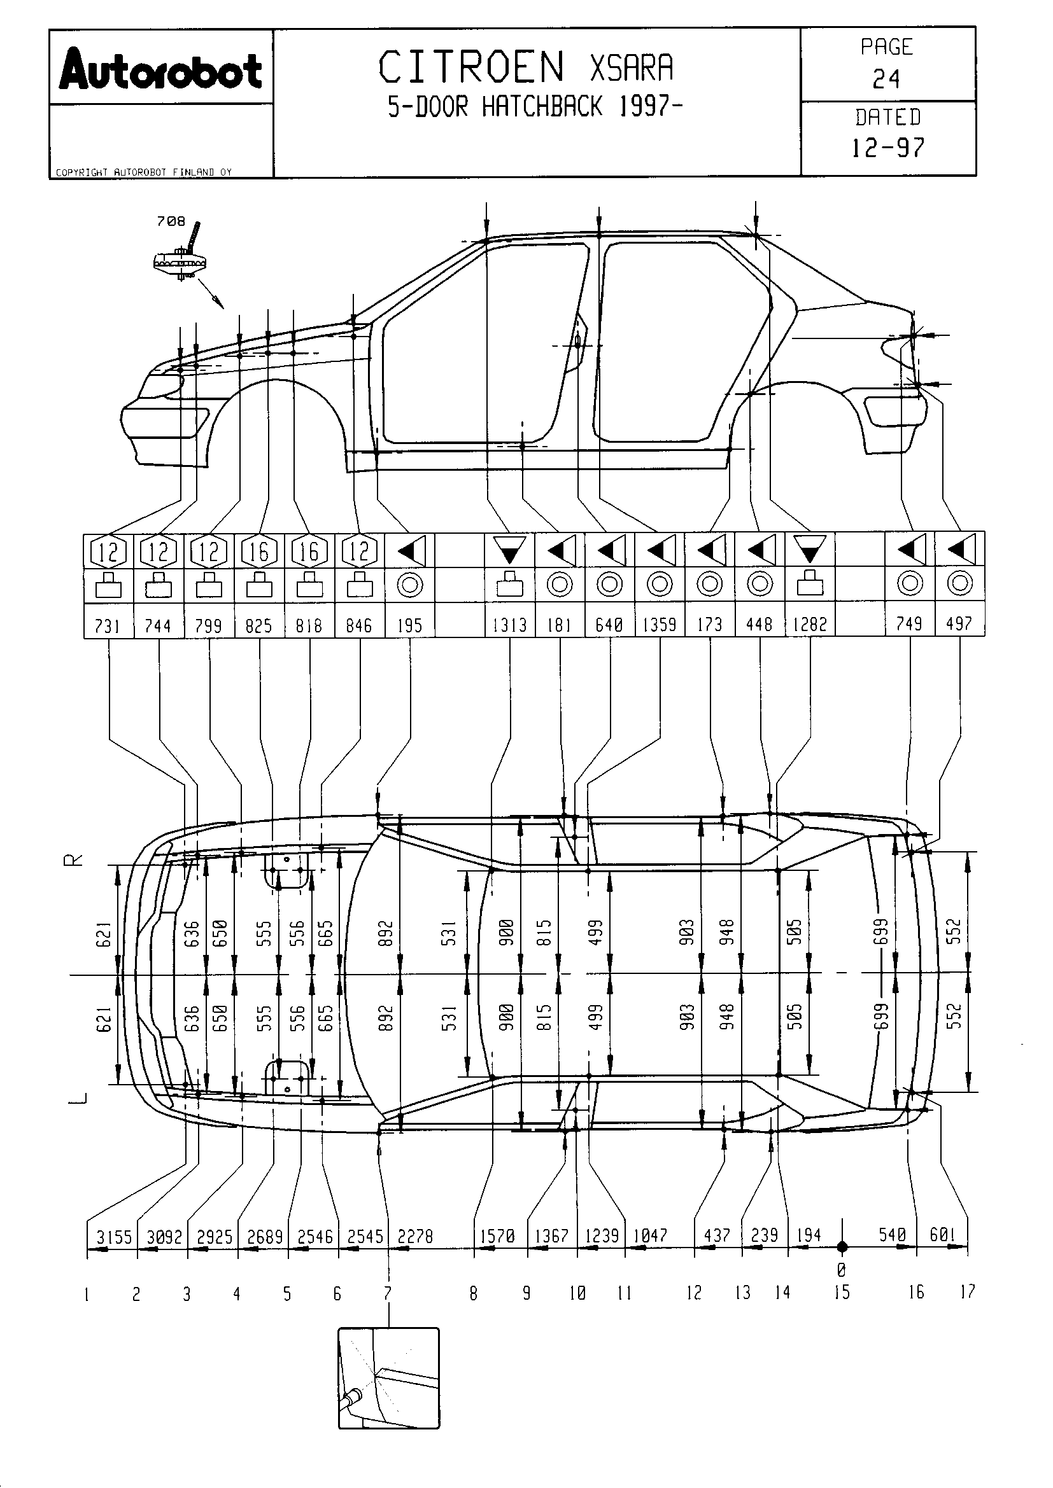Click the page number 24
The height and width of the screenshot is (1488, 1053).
886,80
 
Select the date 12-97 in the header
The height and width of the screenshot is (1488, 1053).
887,148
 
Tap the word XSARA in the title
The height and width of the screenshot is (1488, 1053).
632,67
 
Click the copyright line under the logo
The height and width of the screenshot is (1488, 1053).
143,172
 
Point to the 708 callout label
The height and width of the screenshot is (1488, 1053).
171,221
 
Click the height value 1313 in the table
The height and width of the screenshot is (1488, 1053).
510,625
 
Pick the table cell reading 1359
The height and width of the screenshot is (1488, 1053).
660,625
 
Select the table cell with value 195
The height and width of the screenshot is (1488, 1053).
410,625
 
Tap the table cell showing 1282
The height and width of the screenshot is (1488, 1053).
810,625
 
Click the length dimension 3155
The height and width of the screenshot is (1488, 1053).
114,1237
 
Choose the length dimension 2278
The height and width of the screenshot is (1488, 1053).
415,1237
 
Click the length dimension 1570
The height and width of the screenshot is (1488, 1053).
497,1237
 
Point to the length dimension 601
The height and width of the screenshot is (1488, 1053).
943,1235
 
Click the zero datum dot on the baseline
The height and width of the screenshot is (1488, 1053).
842,1246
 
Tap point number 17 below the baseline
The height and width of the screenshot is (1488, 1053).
968,1292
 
